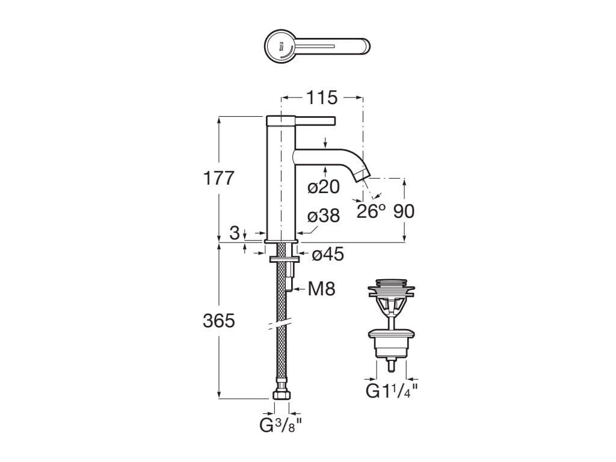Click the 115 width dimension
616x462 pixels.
pyautogui.click(x=322, y=97)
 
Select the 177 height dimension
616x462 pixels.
pyautogui.click(x=218, y=178)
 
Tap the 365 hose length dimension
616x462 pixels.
pyautogui.click(x=218, y=321)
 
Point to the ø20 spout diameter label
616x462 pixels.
pyautogui.click(x=324, y=187)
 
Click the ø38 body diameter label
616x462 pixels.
pyautogui.click(x=324, y=216)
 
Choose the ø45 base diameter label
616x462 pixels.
pyautogui.click(x=328, y=254)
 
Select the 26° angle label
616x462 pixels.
pyautogui.click(x=371, y=211)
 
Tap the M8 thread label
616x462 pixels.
pyautogui.click(x=321, y=289)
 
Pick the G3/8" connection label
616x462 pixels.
pyautogui.click(x=280, y=425)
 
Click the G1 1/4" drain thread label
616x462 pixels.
pyautogui.click(x=392, y=391)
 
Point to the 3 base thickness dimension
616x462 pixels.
pyautogui.click(x=235, y=233)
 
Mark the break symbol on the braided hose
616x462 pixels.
pyautogui.click(x=281, y=325)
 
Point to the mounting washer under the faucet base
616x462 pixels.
pyautogui.click(x=281, y=259)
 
